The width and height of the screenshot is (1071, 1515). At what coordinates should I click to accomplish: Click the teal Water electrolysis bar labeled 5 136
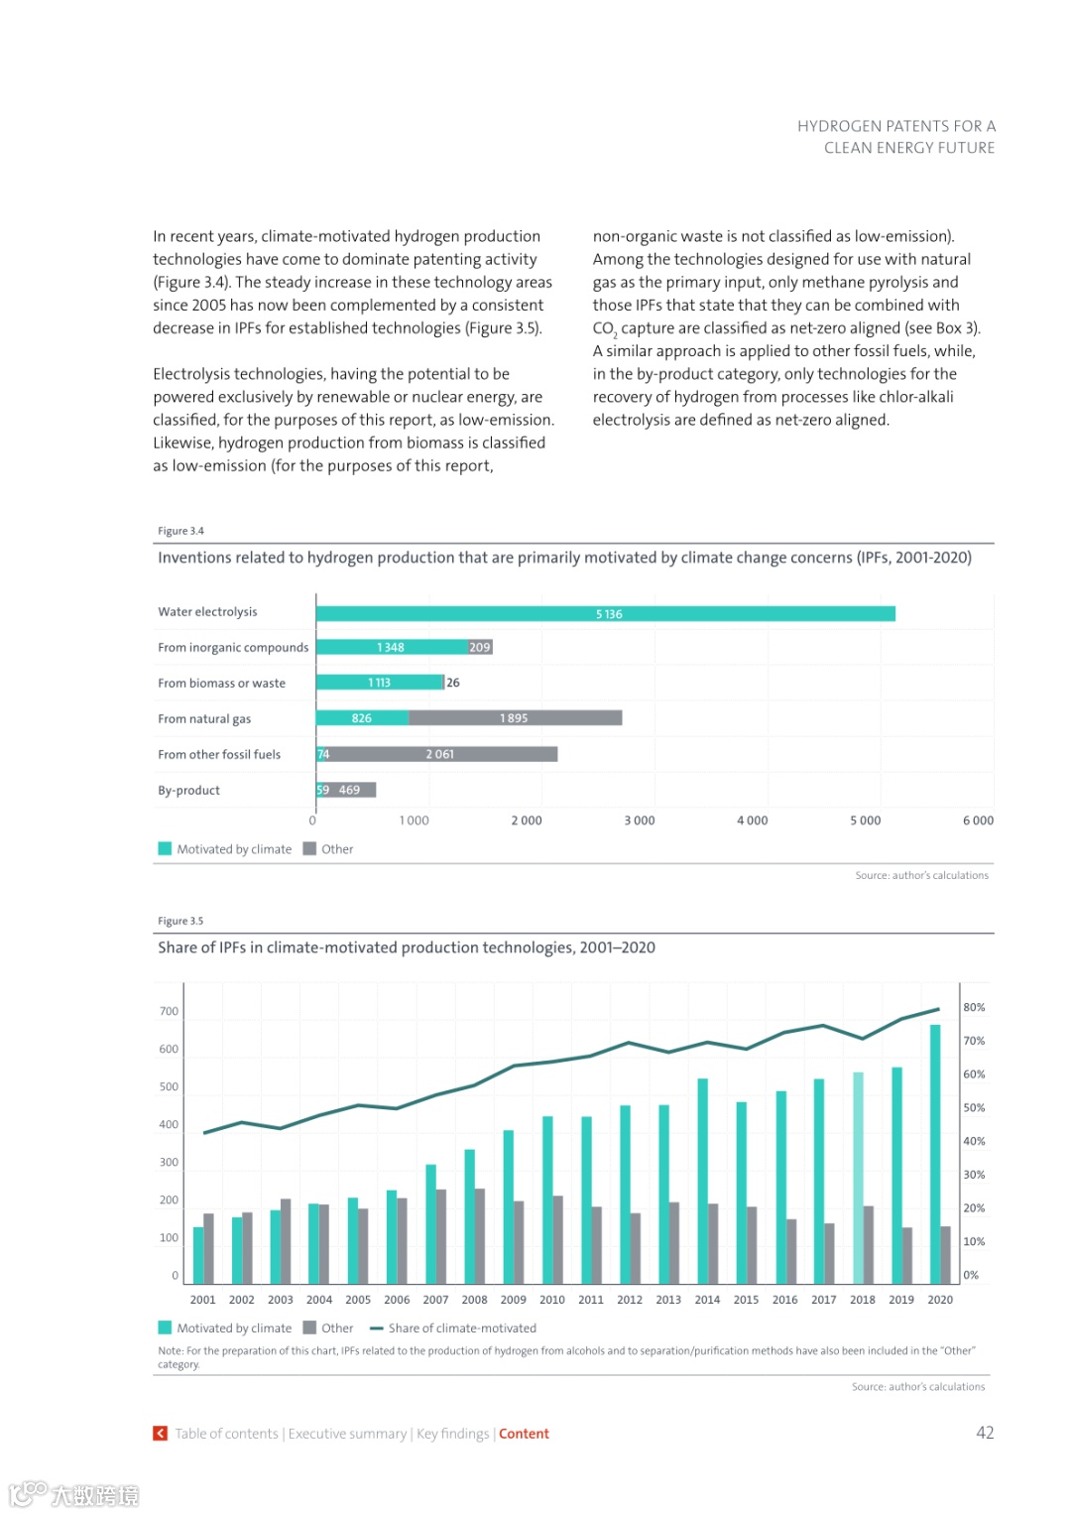click(605, 614)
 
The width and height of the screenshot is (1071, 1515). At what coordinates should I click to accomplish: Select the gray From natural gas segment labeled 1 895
click(515, 718)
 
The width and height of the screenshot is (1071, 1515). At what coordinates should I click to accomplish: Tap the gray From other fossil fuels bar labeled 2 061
click(442, 754)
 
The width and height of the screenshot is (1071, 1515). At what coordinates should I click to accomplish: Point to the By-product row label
click(188, 791)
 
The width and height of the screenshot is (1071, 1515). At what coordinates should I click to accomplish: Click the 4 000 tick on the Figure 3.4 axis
click(752, 821)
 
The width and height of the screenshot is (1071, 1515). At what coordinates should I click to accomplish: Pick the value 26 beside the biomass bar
click(453, 683)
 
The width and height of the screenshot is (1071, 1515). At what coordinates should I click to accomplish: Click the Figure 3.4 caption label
click(180, 531)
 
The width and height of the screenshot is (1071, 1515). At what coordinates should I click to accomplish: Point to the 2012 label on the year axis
click(630, 1300)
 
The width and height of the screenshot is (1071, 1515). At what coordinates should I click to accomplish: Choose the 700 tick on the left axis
click(169, 1012)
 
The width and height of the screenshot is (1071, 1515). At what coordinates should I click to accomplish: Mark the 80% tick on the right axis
click(974, 1007)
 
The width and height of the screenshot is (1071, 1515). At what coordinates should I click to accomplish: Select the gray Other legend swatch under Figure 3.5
click(309, 1327)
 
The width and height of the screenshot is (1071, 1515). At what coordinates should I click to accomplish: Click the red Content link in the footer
click(524, 1434)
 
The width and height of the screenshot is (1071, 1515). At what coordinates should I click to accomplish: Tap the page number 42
click(985, 1433)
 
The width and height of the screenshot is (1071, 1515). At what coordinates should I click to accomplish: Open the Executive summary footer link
click(347, 1434)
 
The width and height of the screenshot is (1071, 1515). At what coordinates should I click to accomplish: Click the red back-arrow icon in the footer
click(160, 1434)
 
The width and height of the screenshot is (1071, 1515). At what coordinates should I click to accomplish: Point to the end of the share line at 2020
click(939, 1010)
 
